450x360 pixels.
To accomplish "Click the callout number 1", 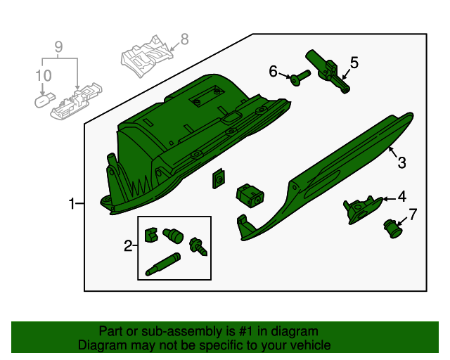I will coord(72,204).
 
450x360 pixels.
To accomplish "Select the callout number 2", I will coord(128,245).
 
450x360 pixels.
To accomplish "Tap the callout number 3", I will coord(401,163).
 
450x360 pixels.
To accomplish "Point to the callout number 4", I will coord(401,197).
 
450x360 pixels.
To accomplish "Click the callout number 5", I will coord(354,63).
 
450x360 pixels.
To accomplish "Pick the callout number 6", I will coord(274,71).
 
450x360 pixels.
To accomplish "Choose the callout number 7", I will coord(413,214).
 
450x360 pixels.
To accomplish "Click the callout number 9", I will coord(59,47).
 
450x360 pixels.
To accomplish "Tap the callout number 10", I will coord(43,75).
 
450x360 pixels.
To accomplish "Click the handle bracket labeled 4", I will coord(360,209).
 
